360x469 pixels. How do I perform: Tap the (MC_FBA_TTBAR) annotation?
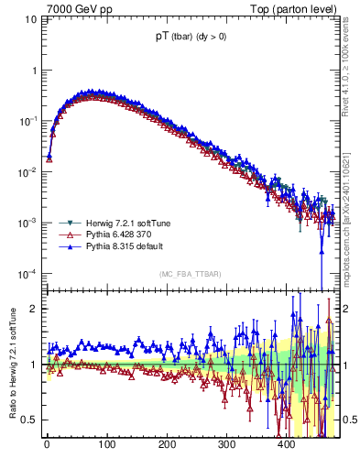(x=191, y=273)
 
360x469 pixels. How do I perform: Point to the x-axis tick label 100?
(x=107, y=444)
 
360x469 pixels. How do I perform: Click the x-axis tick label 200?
(x=167, y=444)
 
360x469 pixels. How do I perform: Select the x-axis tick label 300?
(x=227, y=444)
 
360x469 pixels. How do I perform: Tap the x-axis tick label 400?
(x=287, y=444)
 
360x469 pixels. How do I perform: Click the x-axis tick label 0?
(x=47, y=444)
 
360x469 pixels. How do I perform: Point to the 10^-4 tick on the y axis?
(x=27, y=274)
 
